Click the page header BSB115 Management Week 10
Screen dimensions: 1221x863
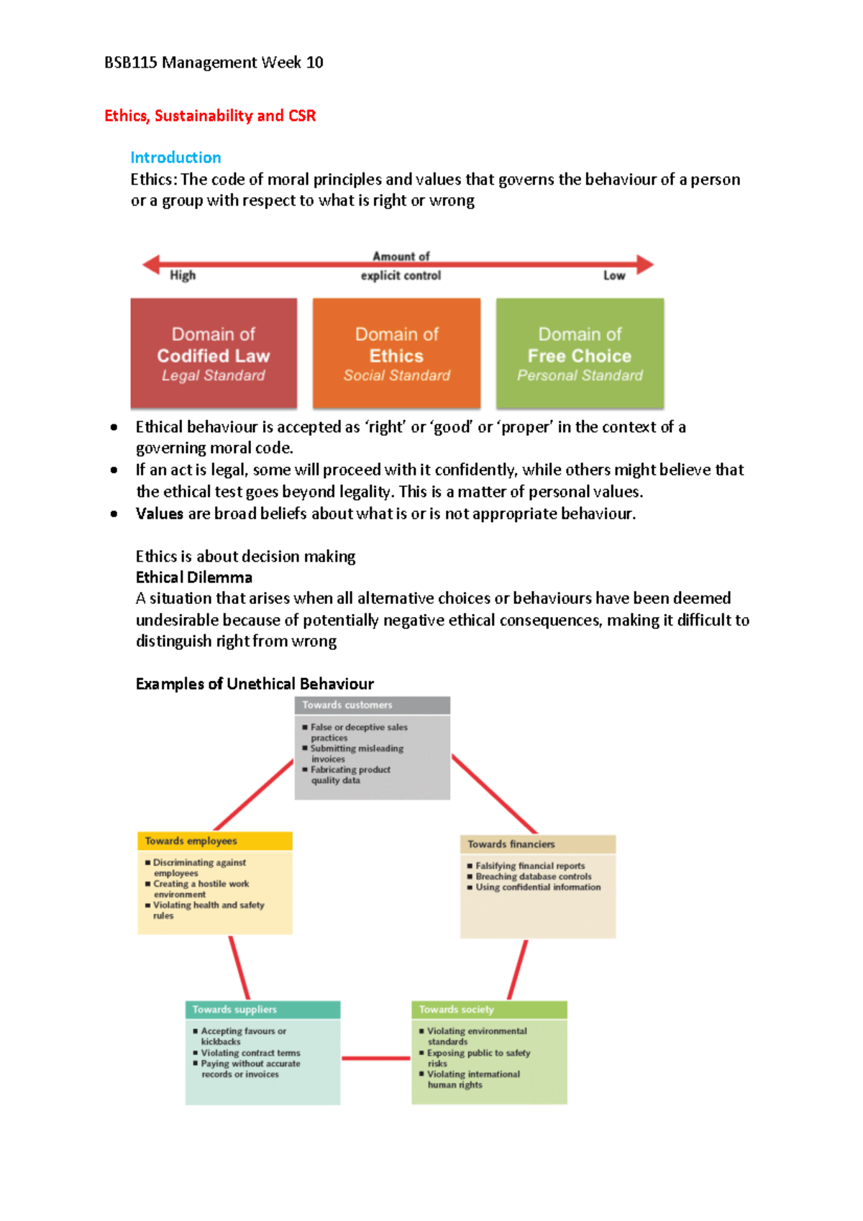point(214,63)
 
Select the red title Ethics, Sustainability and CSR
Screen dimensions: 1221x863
point(210,116)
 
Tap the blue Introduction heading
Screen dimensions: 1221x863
point(175,157)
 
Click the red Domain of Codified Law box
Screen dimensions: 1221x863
point(214,354)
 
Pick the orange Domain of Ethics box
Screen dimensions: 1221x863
point(396,354)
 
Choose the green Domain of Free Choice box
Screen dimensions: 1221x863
point(580,354)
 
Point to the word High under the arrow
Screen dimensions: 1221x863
point(183,275)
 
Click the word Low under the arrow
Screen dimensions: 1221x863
point(613,275)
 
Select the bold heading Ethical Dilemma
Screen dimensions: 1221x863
point(194,577)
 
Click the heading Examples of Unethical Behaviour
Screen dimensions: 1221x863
point(255,684)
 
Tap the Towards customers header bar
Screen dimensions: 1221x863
point(372,705)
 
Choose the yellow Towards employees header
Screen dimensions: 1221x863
point(214,841)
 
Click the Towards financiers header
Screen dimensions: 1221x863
point(537,844)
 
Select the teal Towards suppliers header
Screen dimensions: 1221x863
point(262,1010)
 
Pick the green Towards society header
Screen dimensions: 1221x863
point(489,1010)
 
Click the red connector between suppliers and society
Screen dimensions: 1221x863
point(375,1058)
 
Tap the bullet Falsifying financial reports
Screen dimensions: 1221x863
point(530,866)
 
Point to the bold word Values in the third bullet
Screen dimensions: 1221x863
point(160,513)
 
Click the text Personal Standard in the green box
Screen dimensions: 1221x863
point(580,375)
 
